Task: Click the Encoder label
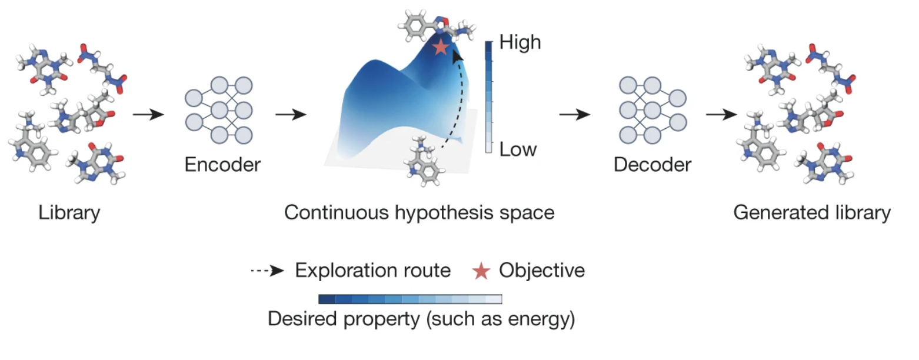point(222,165)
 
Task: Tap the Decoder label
point(652,165)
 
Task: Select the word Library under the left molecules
point(69,212)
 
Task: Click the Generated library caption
point(812,212)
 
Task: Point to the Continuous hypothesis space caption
point(419,212)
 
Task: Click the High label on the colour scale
point(519,43)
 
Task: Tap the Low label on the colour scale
point(518,149)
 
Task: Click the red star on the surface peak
point(441,47)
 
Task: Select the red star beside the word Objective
point(482,271)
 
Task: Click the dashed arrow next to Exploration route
point(268,271)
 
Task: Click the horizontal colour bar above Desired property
point(410,299)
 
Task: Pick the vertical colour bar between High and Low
point(488,97)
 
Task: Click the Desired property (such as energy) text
point(421,320)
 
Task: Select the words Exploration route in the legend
point(372,271)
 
